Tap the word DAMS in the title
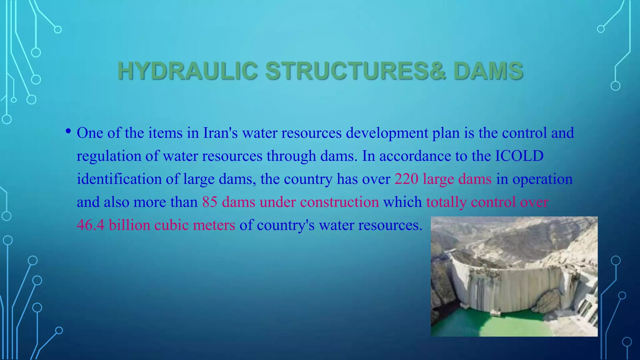[488, 71]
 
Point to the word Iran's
[220, 133]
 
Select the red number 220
[406, 179]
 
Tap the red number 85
[209, 202]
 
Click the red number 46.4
[91, 225]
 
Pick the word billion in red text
[129, 225]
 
